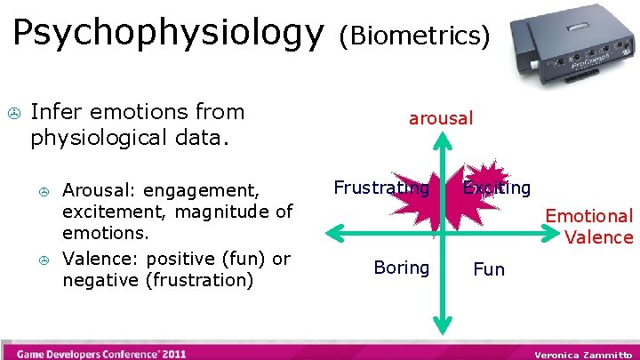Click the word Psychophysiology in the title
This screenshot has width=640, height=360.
click(x=168, y=33)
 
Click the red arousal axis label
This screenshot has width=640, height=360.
click(x=441, y=117)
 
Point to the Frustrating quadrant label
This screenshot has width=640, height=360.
click(x=381, y=188)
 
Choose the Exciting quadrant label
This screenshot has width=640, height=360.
click(x=497, y=188)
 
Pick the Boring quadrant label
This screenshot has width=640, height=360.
click(x=401, y=268)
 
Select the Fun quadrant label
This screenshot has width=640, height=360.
click(x=489, y=269)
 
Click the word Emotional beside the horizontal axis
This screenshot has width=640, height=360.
click(x=588, y=216)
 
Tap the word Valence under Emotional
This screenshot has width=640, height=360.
click(x=599, y=237)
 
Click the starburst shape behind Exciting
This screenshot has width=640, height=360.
click(x=485, y=183)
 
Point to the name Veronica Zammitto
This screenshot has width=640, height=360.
click(x=582, y=354)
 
